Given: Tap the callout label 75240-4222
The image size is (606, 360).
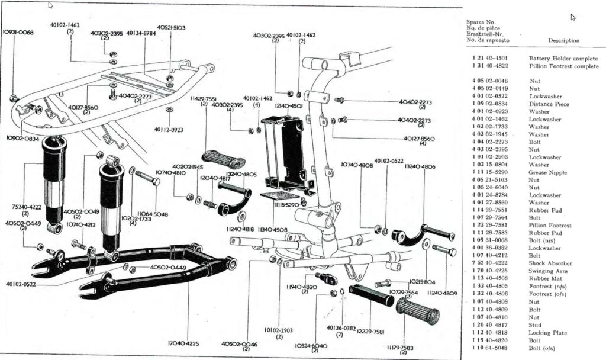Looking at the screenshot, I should pos(25,207).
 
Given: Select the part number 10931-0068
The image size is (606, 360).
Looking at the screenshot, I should pos(18,32).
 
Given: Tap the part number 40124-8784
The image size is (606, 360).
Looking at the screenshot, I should pos(141,33).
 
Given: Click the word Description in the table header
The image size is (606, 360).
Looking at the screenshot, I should pos(564,40).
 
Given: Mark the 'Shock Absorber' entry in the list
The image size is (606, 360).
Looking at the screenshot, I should pos(550,263).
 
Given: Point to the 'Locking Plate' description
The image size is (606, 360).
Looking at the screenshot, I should pos(547,333).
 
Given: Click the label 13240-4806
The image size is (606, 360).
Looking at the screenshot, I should pos(421,167).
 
